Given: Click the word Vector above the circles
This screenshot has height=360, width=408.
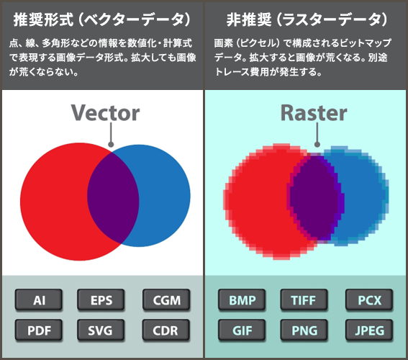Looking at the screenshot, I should [x=105, y=112].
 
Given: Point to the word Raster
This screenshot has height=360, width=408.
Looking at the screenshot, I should [x=313, y=112].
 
